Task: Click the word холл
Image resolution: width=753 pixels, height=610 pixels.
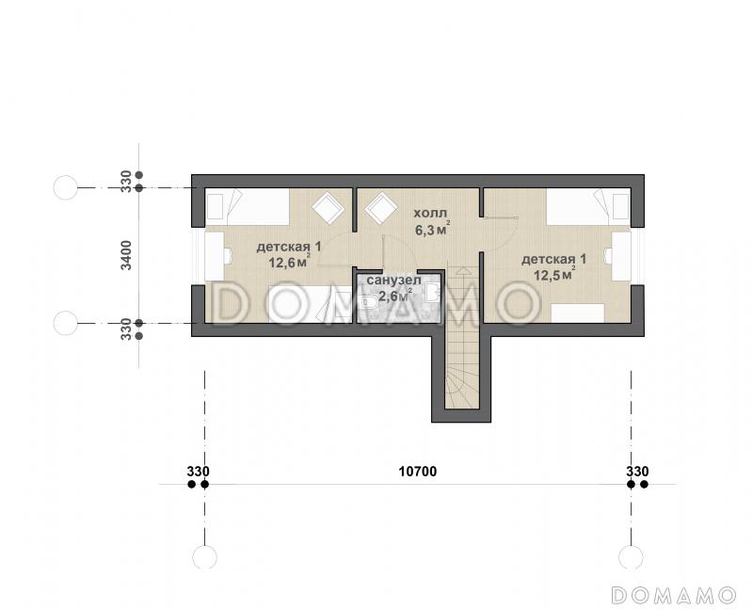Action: click(x=430, y=214)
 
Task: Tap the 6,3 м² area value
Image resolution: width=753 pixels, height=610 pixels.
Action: click(x=433, y=230)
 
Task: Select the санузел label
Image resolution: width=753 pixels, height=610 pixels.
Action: click(x=393, y=280)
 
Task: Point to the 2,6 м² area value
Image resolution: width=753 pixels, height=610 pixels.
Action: click(x=395, y=296)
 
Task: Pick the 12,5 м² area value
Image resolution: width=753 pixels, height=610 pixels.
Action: click(x=554, y=274)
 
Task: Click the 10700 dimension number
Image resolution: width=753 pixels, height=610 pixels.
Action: click(x=418, y=472)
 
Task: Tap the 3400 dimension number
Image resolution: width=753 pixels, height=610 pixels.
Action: click(x=126, y=255)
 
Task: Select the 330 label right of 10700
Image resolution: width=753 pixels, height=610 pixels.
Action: click(x=637, y=472)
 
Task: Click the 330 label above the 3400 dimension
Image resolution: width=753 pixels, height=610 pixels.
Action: click(x=126, y=181)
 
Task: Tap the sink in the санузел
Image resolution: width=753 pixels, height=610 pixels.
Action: click(x=432, y=292)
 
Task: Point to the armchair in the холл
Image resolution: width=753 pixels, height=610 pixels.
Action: click(x=381, y=207)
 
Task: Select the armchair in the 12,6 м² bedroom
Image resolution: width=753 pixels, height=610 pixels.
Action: click(x=328, y=207)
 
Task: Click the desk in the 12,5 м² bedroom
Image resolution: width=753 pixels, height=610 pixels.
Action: click(x=620, y=256)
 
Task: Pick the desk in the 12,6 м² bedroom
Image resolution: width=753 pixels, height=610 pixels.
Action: click(x=215, y=256)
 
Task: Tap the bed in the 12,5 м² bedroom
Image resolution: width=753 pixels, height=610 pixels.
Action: click(x=588, y=206)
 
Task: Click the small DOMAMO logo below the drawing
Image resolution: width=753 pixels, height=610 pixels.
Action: click(x=674, y=595)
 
